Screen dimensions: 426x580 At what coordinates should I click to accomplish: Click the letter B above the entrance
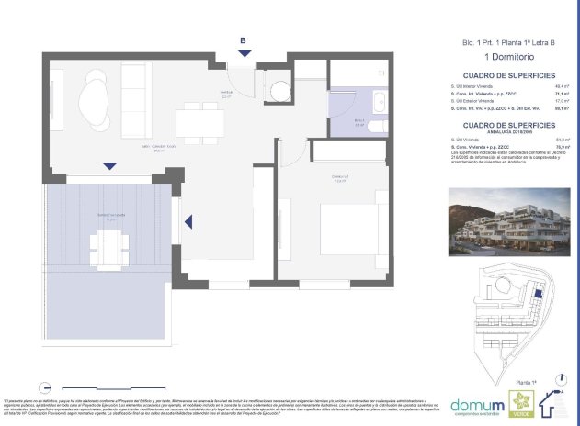pyautogui.click(x=242, y=40)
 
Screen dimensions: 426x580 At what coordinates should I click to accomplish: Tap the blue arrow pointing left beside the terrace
pyautogui.click(x=189, y=222)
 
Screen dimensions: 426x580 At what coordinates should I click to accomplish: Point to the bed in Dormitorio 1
pyautogui.click(x=345, y=230)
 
